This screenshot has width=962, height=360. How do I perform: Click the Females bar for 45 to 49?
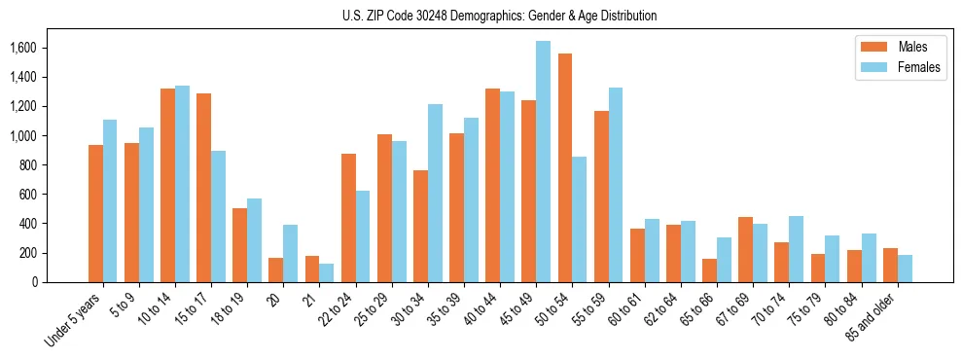point(543,162)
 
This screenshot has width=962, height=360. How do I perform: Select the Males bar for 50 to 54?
point(565,167)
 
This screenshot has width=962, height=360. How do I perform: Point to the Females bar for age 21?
point(327,272)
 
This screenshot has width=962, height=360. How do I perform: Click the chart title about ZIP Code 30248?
point(499,16)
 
